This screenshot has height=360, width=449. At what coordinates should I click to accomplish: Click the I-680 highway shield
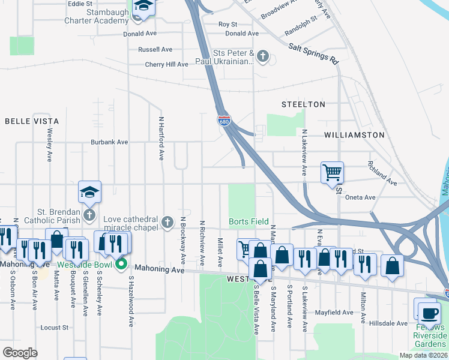(223, 121)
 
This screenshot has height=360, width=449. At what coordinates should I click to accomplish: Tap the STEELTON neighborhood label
(304, 104)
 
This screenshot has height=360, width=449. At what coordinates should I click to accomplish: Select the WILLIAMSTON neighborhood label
(354, 135)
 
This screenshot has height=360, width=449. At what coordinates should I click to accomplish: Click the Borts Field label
(249, 221)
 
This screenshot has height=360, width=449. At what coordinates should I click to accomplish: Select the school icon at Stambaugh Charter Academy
(143, 6)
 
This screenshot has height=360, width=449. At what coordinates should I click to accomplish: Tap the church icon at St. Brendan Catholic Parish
(89, 214)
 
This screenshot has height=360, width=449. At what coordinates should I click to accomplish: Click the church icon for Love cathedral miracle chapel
(167, 223)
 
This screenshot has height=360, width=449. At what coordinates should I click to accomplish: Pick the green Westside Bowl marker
(121, 264)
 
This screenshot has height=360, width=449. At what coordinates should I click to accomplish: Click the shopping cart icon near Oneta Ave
(332, 172)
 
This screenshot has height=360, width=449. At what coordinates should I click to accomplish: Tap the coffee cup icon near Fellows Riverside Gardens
(429, 313)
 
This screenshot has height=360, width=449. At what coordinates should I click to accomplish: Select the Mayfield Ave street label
(334, 313)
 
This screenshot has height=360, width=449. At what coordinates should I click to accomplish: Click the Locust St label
(55, 328)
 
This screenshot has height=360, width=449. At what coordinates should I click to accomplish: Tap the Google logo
(20, 353)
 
